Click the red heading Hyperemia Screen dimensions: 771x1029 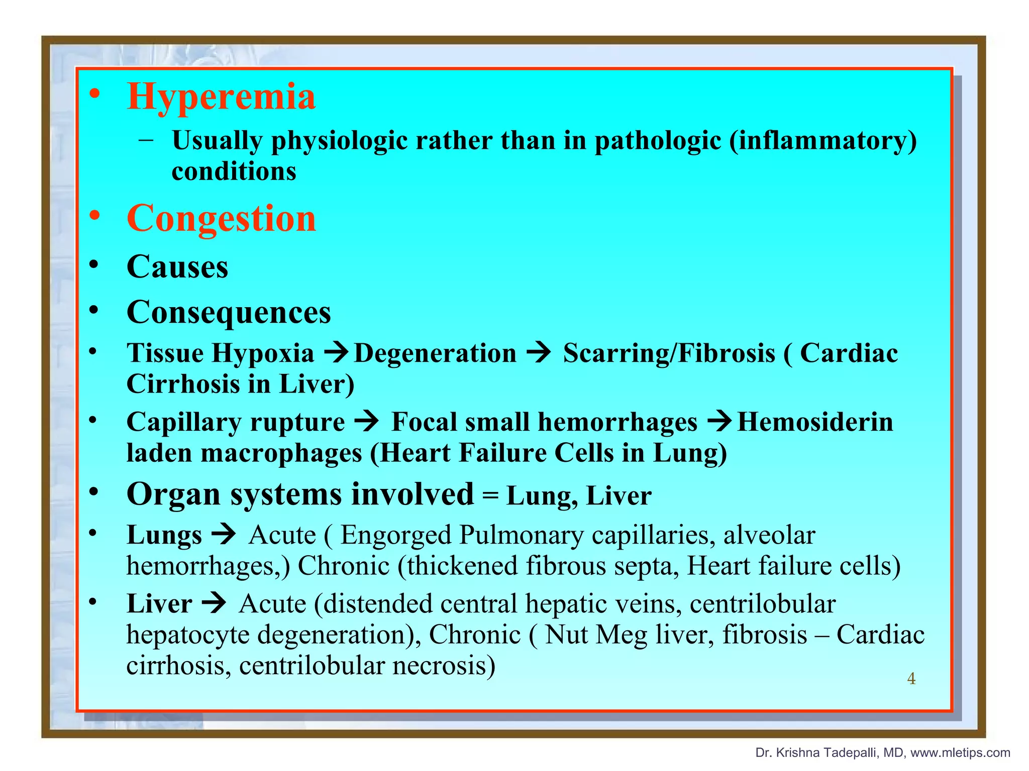pos(221,96)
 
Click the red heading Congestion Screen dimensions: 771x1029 pos(221,219)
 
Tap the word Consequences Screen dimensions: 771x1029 pos(229,312)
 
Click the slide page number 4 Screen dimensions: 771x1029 pos(911,679)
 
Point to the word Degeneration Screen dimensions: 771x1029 pos(435,353)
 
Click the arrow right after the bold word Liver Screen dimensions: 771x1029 pos(214,603)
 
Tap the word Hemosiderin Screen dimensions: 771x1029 pos(815,422)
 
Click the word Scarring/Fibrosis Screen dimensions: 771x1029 pos(669,353)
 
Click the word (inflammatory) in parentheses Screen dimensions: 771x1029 pos(823,141)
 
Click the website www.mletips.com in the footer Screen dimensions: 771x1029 pos(960,752)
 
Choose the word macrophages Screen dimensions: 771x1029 pos(281,453)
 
